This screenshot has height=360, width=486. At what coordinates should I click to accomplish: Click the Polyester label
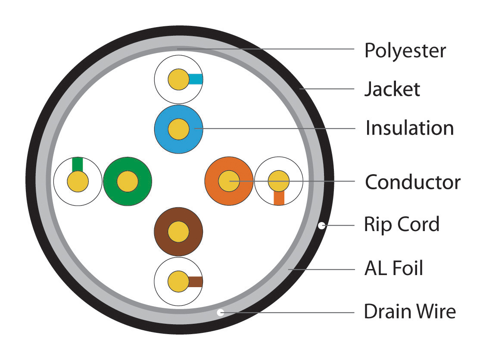[405, 50]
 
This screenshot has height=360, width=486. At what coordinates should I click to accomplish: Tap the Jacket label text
[392, 89]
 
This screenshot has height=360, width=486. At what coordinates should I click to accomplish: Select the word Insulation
[410, 128]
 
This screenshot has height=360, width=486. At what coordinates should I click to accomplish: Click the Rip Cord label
[402, 224]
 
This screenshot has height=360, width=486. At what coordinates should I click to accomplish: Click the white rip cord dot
[322, 225]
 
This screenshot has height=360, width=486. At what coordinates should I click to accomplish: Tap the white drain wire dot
[220, 312]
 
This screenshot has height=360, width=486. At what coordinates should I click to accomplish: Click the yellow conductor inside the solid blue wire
[178, 129]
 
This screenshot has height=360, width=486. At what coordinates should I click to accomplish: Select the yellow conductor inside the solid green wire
[128, 182]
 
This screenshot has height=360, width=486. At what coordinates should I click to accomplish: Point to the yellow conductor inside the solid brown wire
[178, 232]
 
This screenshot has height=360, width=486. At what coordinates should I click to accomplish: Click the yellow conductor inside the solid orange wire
[229, 181]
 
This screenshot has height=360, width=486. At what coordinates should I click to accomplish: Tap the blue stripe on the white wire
[195, 79]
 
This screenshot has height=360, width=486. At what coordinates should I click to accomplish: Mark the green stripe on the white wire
[78, 165]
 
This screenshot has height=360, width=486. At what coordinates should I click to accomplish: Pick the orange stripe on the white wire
[279, 198]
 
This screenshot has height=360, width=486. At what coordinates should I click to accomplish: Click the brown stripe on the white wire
[195, 282]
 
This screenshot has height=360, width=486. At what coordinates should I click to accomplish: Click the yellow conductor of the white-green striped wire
[78, 182]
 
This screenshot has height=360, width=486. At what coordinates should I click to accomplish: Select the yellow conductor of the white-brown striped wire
[178, 282]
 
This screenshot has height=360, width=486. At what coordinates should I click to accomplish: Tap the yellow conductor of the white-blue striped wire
[178, 79]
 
